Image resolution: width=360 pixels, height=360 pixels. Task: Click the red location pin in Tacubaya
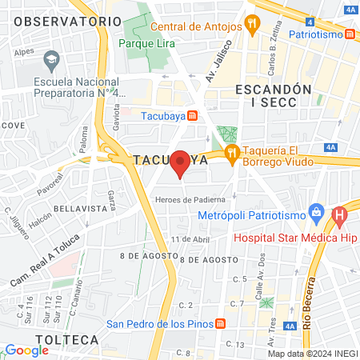(181, 163)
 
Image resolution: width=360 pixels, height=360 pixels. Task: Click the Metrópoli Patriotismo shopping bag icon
(317, 214)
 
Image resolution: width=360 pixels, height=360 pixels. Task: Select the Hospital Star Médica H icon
(339, 214)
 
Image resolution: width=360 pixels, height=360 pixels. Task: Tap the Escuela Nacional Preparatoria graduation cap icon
(52, 59)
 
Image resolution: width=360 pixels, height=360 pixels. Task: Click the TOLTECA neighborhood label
(71, 339)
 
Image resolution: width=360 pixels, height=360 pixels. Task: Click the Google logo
(26, 350)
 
